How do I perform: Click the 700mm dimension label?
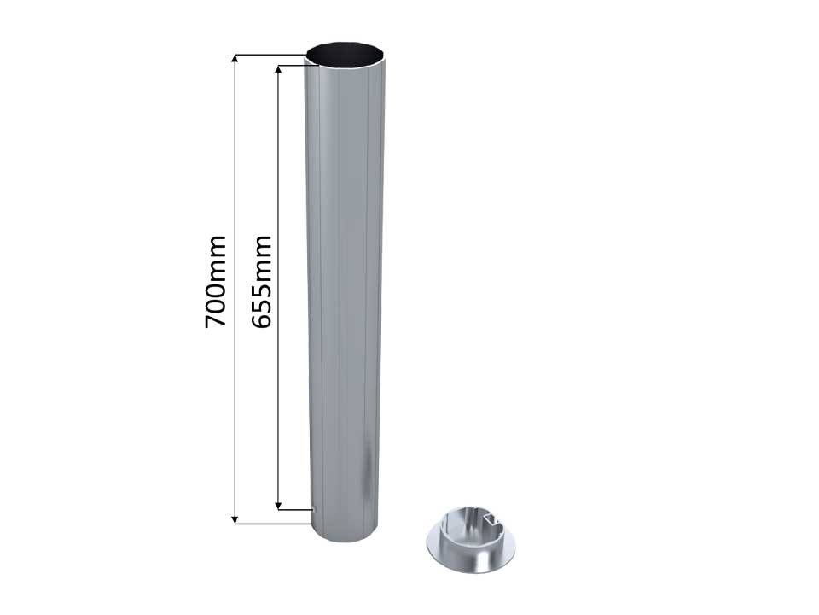click(x=216, y=282)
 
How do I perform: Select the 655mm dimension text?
click(x=261, y=282)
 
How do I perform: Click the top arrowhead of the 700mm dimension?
click(x=235, y=59)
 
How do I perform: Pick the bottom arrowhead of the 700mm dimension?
click(x=235, y=518)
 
